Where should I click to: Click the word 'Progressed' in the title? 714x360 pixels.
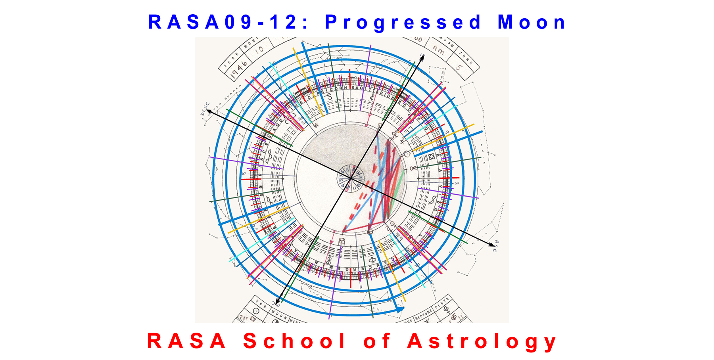(403, 23)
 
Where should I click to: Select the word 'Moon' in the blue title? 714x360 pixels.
(532, 23)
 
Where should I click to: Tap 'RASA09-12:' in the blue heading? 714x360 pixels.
(228, 23)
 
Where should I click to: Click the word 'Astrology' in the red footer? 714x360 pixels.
(482, 341)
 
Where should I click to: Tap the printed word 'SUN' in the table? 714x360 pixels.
(261, 304)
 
